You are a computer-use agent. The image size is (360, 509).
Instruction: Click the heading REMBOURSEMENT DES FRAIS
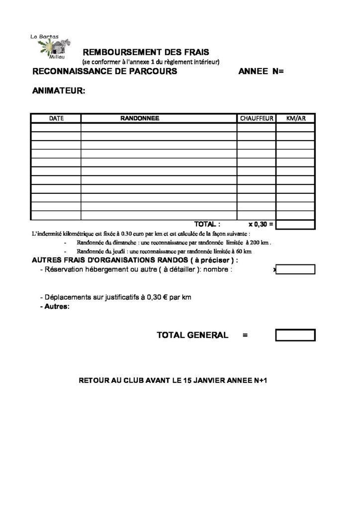point(146,52)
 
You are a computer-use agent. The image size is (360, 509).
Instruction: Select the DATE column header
point(56,118)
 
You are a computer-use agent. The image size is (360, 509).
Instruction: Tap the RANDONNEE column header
point(140,118)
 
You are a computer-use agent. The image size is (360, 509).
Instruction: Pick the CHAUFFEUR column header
point(257,118)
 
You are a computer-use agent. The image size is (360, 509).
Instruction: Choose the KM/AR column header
point(295,118)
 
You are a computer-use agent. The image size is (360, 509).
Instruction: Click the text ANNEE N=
point(261,72)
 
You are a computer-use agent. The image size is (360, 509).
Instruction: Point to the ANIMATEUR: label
point(59,91)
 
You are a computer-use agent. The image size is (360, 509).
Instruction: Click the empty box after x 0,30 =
point(295,224)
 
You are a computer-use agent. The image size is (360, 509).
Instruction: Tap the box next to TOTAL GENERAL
point(295,335)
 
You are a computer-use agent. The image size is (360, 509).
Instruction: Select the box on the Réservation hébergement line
point(295,269)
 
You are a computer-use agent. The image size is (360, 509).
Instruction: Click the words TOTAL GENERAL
point(192,336)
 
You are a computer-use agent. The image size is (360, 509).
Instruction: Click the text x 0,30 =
point(261,224)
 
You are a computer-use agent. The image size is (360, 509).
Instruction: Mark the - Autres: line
point(54,307)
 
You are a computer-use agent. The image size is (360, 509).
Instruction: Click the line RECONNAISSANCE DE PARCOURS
point(104,72)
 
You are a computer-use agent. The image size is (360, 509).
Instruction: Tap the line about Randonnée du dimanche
point(174,243)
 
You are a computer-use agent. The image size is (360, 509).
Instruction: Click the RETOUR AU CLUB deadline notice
point(174,381)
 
